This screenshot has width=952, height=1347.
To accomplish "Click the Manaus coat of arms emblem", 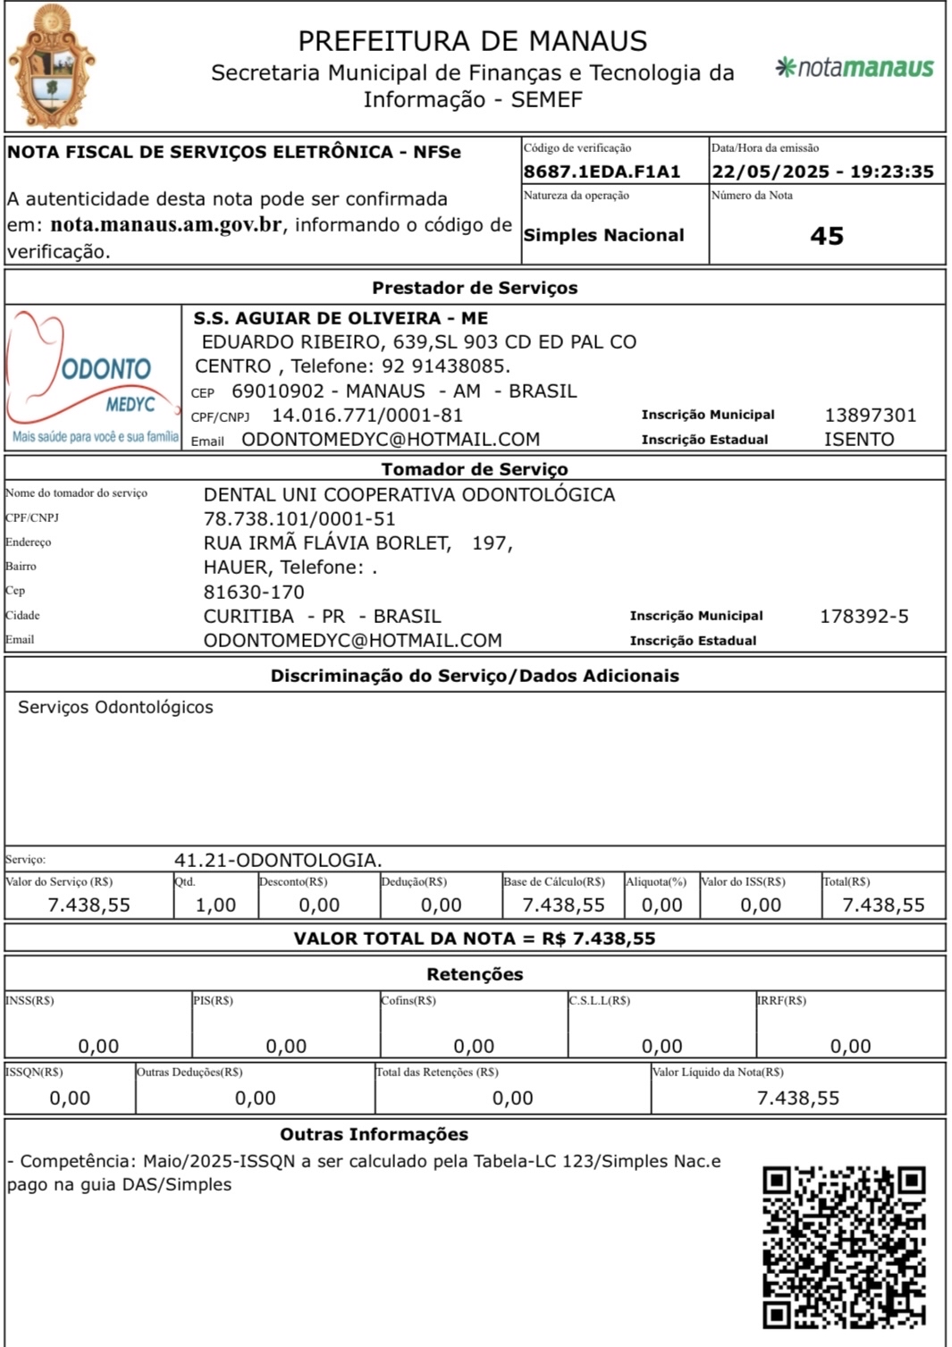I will pos(52,68).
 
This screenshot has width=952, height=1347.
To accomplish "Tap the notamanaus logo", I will pos(855,68).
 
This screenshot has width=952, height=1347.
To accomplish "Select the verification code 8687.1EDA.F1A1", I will pos(602,172).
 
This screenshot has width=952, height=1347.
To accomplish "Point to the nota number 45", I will pos(827,236).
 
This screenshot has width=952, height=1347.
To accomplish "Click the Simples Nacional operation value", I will pos(603,235).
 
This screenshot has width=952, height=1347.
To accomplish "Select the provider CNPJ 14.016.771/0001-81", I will pos(367,416).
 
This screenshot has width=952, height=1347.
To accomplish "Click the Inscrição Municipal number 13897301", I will pos(870,416).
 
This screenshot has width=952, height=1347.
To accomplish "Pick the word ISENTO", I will pos(859,440).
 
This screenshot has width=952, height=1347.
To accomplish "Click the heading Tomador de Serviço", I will pos(475,469).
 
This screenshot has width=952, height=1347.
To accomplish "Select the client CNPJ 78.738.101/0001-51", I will pos(299,519).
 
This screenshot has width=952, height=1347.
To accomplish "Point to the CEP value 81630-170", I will pos(254,593).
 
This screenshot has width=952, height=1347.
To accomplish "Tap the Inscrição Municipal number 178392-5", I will pos(864,617).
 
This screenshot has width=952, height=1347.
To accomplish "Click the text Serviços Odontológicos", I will pos(115,708).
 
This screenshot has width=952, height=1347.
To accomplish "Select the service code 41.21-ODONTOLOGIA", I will pos(278,861).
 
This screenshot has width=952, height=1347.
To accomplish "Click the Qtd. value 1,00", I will pos(215,905).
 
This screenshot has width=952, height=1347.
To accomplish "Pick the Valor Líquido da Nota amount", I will pos(798,1099).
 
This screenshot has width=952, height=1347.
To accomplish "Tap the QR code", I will pos(844,1247).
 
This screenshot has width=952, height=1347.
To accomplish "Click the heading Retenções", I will pos(475,974).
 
